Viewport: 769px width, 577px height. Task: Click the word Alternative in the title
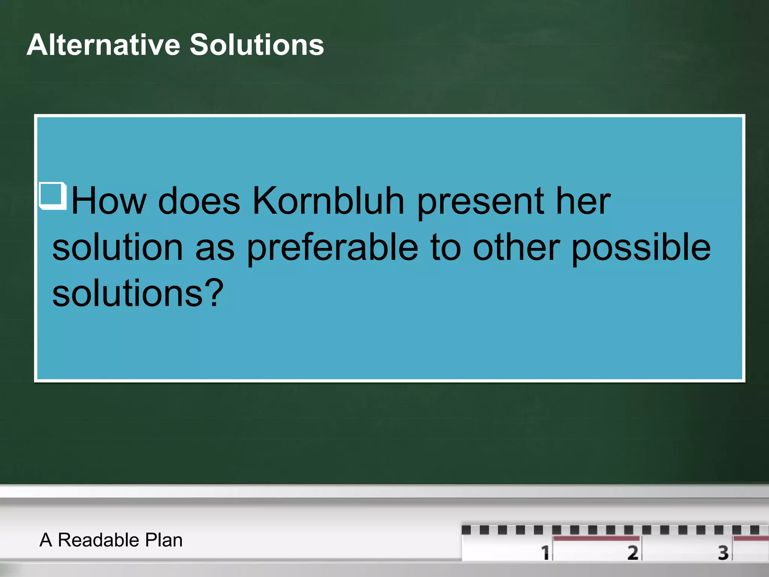tap(103, 45)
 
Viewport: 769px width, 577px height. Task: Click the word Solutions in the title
tap(257, 45)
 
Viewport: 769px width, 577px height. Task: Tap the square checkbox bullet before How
tap(53, 195)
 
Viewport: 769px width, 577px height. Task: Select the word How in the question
tap(109, 201)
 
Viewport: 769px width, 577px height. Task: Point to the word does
tap(199, 201)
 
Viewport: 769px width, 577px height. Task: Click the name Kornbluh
tap(328, 201)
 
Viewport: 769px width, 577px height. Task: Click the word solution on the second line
tap(117, 248)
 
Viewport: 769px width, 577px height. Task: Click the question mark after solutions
tap(216, 293)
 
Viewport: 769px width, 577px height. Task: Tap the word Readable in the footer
tap(98, 540)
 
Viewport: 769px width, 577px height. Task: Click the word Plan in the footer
tap(164, 540)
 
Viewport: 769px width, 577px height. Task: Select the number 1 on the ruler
tap(545, 553)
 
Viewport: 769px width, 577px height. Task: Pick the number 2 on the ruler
tap(632, 553)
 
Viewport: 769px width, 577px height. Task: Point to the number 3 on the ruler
tap(723, 553)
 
